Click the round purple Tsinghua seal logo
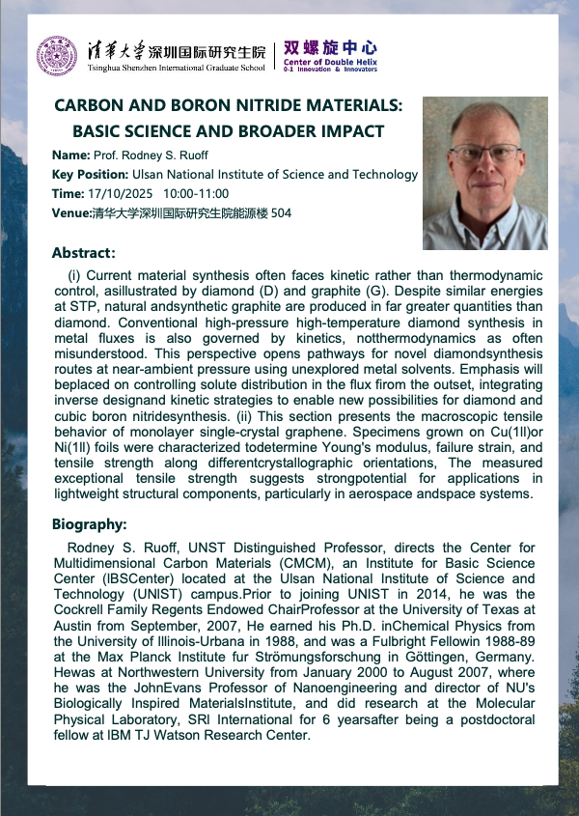pos(56,55)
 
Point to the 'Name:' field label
pos(70,155)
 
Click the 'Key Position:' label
pos(91,175)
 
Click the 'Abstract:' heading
pos(84,253)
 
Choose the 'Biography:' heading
pos(90,524)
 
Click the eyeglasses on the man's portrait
pos(483,151)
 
